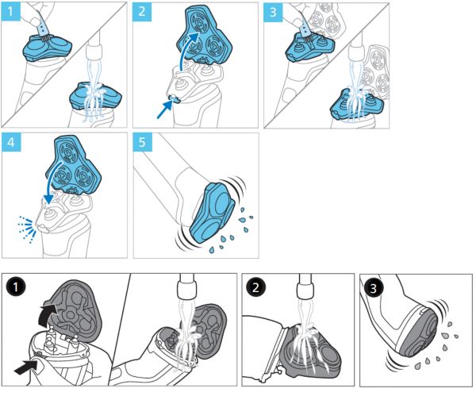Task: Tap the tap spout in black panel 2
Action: coord(306,289)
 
